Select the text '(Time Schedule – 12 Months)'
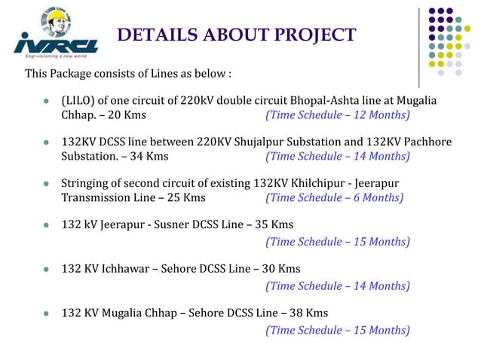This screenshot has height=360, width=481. [x=337, y=115]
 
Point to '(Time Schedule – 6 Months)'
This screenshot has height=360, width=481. [x=334, y=198]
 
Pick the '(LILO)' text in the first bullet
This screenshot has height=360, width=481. [x=78, y=101]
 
